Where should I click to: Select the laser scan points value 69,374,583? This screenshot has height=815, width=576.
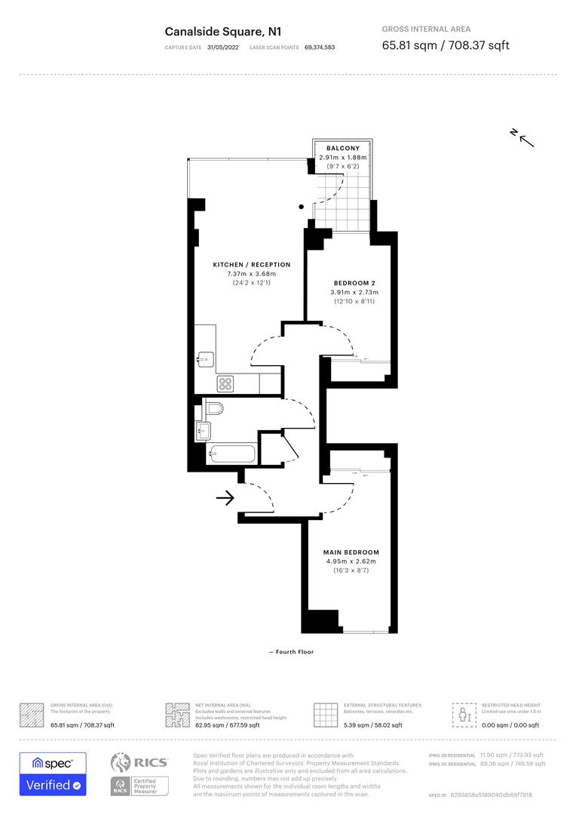coord(320,48)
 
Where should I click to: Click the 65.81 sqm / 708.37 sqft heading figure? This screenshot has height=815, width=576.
coord(446,45)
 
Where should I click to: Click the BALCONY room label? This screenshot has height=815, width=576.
coord(342,148)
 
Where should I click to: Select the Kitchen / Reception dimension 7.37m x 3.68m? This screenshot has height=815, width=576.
coord(251,273)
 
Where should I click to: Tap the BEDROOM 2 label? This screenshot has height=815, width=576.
coord(354,283)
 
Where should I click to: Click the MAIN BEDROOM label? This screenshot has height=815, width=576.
coord(351,552)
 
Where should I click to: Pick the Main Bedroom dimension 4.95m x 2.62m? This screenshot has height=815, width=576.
coord(351,561)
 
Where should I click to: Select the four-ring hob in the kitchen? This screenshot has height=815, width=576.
coord(226,384)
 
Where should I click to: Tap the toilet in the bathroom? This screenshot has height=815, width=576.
coord(213,410)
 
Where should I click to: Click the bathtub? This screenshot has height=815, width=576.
coord(231,455)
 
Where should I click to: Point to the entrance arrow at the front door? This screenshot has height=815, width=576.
coord(225,498)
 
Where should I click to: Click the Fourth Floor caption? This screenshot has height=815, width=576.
coord(291,651)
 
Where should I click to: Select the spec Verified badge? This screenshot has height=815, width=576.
coord(53,773)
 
